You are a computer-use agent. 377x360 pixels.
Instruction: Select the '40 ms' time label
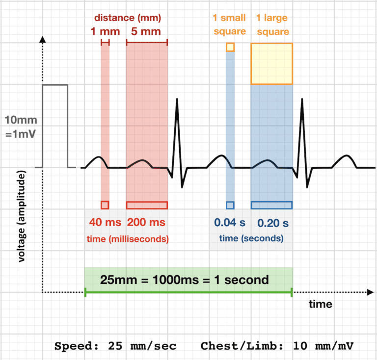point(105,222)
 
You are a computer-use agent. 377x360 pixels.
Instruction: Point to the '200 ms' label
point(146,222)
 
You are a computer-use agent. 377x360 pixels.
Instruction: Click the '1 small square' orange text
point(230,25)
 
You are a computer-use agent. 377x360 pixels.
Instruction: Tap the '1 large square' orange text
point(272,25)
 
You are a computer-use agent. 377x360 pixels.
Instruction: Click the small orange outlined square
point(230,47)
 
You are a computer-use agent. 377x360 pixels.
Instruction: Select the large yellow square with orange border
point(272,64)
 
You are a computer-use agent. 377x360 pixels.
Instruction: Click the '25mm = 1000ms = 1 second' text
point(185,280)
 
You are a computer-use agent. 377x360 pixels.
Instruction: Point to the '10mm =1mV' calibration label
point(21,126)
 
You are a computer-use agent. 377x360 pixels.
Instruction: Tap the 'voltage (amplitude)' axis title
point(23,216)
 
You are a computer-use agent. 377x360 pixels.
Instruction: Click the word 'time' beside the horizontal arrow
point(320,304)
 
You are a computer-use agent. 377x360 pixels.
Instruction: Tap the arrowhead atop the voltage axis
point(43,39)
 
